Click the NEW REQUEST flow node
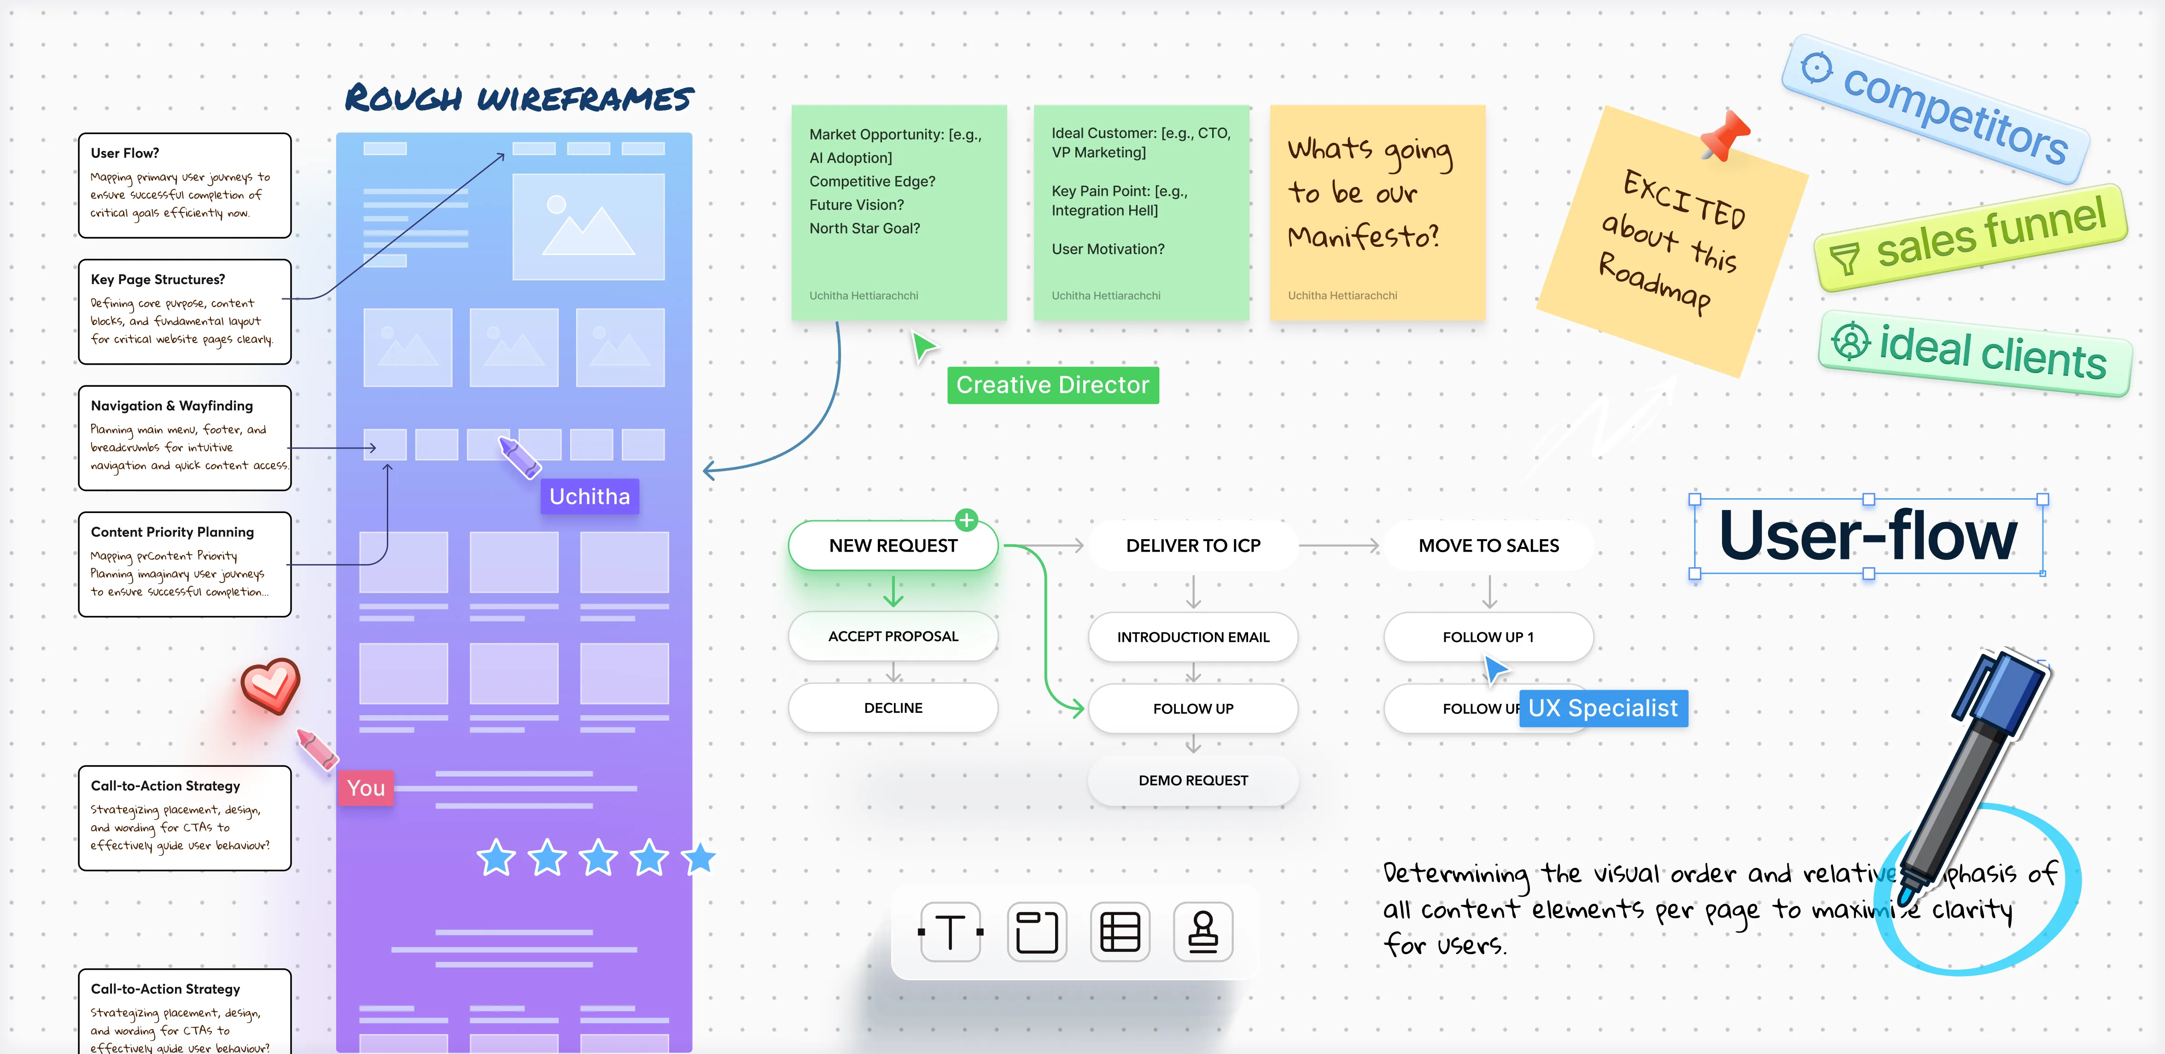point(893,546)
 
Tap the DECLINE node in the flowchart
point(893,708)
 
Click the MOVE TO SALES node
point(1488,546)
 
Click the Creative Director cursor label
point(1052,385)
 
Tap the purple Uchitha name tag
point(589,497)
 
